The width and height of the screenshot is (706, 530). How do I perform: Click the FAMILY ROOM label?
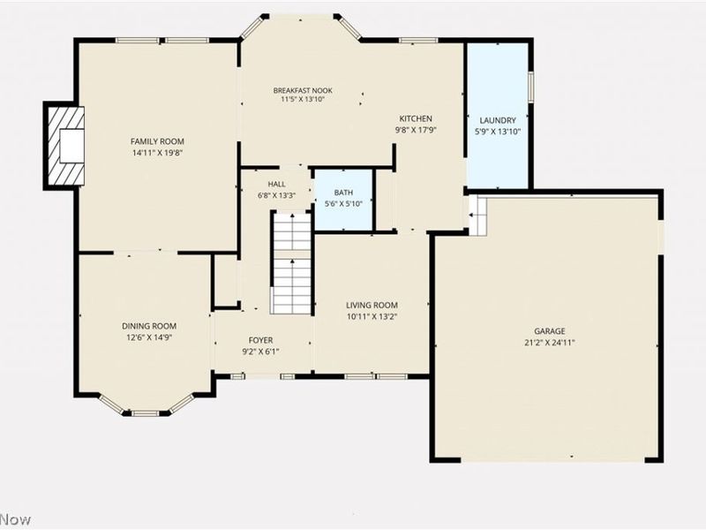click(x=158, y=141)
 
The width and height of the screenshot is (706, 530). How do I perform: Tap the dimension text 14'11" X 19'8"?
click(x=158, y=153)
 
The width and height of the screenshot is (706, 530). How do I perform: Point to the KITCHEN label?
click(x=416, y=118)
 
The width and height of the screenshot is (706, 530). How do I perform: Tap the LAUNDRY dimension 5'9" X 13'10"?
click(x=498, y=132)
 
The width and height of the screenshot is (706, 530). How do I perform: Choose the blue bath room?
click(x=343, y=199)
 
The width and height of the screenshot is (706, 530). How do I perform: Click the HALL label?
click(x=276, y=184)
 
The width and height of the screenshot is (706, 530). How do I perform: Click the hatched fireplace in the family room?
click(x=66, y=146)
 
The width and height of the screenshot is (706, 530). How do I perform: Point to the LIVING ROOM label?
click(x=372, y=305)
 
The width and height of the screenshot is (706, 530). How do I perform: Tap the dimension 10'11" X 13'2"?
click(x=372, y=316)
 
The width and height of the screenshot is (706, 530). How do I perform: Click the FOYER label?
click(x=260, y=340)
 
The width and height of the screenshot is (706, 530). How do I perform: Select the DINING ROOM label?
click(x=149, y=326)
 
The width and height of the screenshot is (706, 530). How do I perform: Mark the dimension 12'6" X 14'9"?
click(x=149, y=337)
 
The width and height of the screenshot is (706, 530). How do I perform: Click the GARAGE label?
click(x=548, y=331)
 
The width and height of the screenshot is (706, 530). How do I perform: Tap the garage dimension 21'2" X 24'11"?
click(x=548, y=343)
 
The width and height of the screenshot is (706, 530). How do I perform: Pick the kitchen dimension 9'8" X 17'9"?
click(x=416, y=130)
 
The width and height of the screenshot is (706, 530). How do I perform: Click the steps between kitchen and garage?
click(x=477, y=216)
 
